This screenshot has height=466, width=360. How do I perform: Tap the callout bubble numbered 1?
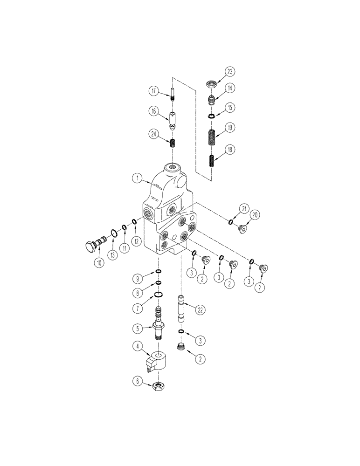tap(137, 178)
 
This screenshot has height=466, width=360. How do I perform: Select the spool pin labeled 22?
tap(181, 308)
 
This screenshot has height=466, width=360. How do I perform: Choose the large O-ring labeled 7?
tap(159, 294)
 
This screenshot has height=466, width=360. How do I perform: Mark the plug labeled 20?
tap(242, 228)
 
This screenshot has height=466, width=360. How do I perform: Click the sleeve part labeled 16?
tap(173, 120)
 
